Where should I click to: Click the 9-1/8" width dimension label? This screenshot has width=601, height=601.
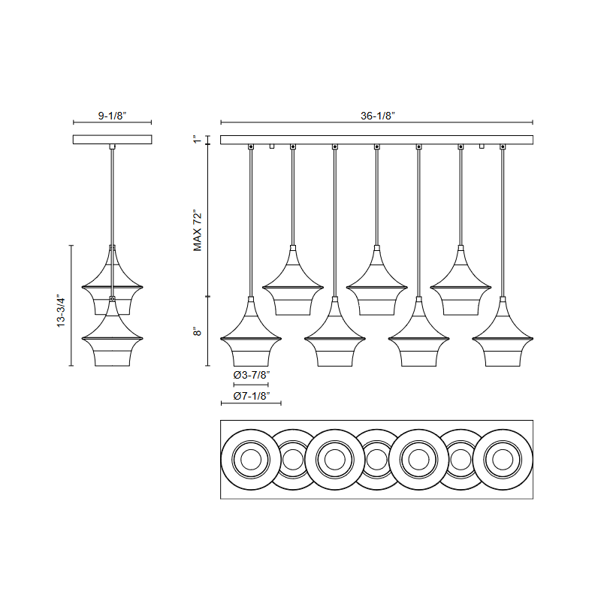tap(112, 116)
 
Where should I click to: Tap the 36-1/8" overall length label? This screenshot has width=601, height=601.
tap(378, 116)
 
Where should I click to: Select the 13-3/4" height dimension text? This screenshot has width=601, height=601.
tap(62, 310)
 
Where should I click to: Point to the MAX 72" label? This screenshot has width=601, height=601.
tap(198, 231)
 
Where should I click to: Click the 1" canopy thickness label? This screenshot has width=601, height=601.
tap(197, 140)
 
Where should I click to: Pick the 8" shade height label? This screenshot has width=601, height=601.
tap(197, 331)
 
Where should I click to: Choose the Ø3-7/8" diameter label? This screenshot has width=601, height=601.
tap(252, 375)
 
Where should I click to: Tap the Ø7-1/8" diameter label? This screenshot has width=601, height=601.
tap(252, 396)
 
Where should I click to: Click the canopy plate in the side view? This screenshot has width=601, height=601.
tap(112, 140)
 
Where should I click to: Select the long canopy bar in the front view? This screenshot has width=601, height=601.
tap(377, 140)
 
